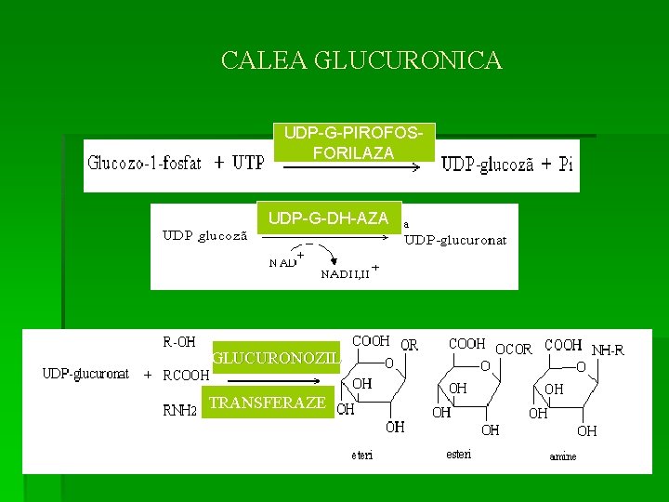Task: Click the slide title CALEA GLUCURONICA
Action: (x=361, y=61)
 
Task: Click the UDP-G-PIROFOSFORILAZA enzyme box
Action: (x=353, y=142)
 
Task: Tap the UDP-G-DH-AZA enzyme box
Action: (x=328, y=218)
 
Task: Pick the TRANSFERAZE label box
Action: (x=268, y=403)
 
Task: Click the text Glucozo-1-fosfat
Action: (x=144, y=164)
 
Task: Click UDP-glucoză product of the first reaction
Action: (x=487, y=165)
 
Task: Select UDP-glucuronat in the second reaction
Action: (x=455, y=240)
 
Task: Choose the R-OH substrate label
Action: (x=179, y=341)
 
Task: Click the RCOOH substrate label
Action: (x=186, y=376)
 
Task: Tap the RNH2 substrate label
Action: (x=180, y=411)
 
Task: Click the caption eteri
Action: (x=361, y=455)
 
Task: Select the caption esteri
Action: (x=458, y=454)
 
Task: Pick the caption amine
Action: (x=562, y=456)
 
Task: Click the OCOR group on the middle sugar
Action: (x=514, y=350)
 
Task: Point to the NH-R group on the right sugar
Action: (x=608, y=350)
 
